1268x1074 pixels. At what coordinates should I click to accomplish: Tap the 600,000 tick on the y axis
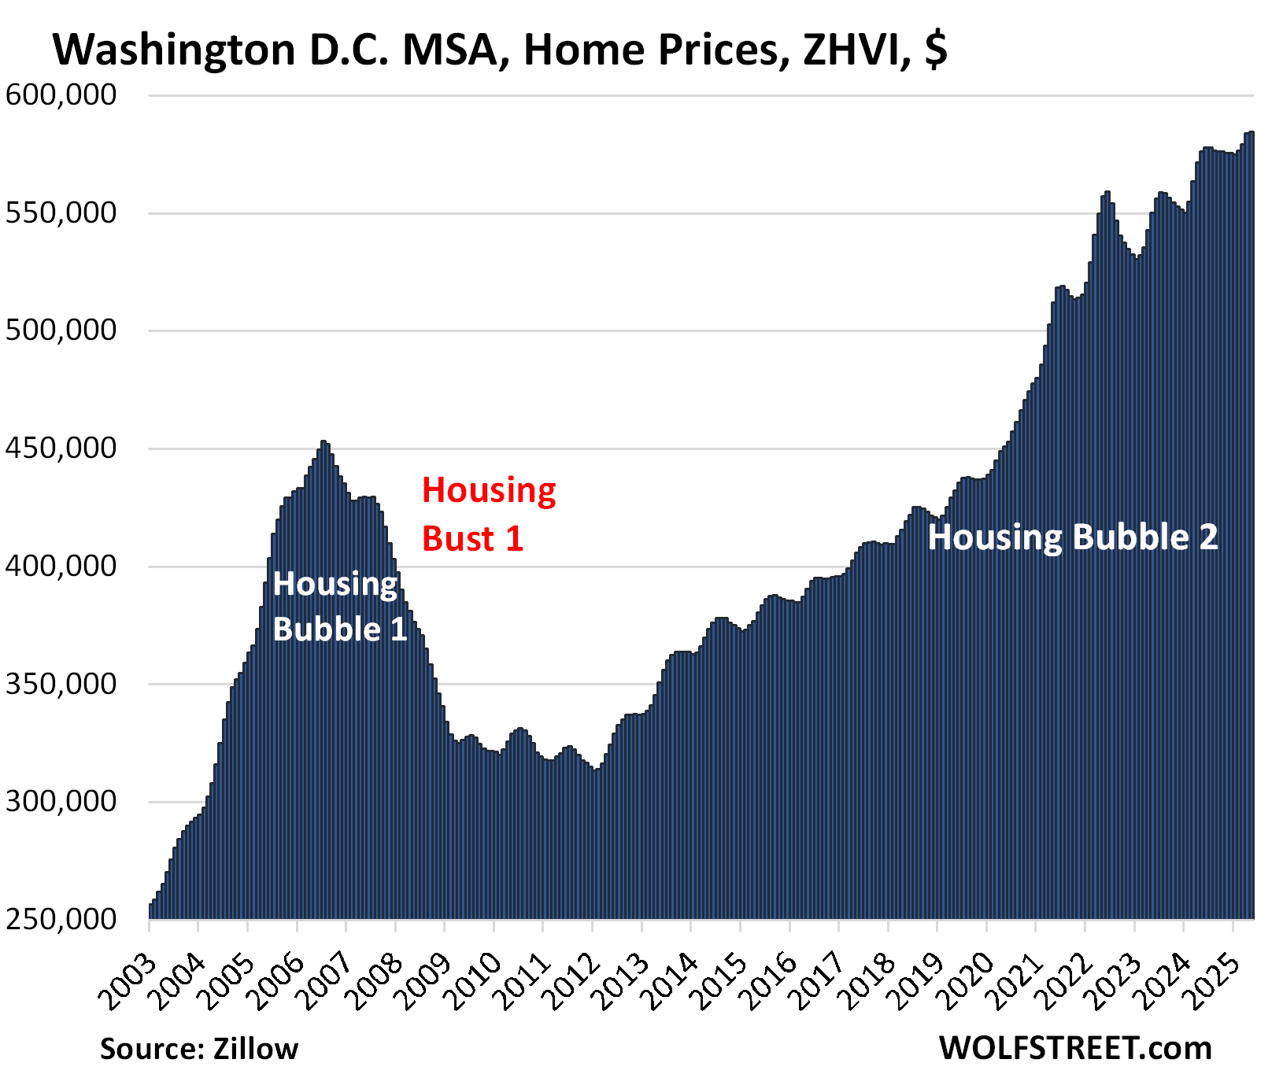click(61, 95)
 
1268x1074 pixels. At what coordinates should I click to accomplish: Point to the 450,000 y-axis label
click(61, 448)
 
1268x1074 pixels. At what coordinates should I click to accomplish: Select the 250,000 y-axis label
click(61, 918)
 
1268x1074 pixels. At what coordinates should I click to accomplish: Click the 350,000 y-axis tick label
click(61, 684)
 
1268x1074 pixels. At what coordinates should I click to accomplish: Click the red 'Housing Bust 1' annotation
click(488, 514)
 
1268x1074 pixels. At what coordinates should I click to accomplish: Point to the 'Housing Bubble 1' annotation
click(339, 607)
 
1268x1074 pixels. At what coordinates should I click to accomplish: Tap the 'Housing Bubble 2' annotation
click(1072, 537)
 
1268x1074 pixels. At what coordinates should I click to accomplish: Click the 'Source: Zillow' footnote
click(199, 1049)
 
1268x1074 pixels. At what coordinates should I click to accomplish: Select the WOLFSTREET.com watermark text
click(1075, 1049)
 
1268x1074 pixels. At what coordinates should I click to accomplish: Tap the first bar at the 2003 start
click(151, 911)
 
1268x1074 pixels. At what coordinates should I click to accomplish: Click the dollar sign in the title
click(936, 50)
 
